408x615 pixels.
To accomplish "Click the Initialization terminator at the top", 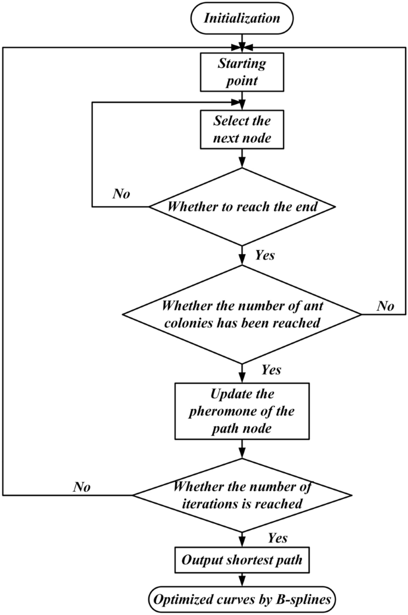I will tap(242, 18).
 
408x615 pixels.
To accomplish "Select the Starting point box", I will tap(242, 71).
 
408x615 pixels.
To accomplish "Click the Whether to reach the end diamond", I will tap(242, 207).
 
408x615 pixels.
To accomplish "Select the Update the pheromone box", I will tap(242, 410).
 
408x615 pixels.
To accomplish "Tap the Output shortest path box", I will tap(242, 560).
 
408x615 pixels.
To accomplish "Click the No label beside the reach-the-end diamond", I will tap(122, 194).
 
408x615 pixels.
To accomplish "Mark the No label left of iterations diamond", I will tap(82, 487).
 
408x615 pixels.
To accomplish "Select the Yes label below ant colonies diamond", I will tap(271, 370).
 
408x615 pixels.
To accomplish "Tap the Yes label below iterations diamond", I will tap(278, 538).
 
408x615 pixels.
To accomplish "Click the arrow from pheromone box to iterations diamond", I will tap(242, 448).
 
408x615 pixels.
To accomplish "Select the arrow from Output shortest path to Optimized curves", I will tap(242, 579).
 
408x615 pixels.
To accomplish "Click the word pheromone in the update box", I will tap(242, 410).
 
